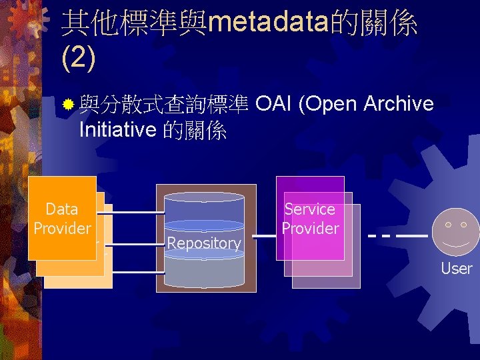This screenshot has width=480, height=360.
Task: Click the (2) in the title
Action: (78, 58)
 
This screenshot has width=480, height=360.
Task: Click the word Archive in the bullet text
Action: (399, 104)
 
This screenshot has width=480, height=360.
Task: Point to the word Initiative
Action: (117, 130)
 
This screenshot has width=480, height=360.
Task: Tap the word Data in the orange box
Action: (62, 209)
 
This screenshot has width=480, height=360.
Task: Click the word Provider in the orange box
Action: (62, 229)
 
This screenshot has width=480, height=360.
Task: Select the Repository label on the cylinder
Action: (204, 243)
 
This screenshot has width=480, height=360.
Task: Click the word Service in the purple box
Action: (310, 209)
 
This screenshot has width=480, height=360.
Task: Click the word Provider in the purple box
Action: (310, 229)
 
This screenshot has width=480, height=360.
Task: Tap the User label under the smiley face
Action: (457, 269)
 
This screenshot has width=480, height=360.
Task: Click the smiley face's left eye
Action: (447, 225)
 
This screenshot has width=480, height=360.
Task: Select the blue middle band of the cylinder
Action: (205, 227)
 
